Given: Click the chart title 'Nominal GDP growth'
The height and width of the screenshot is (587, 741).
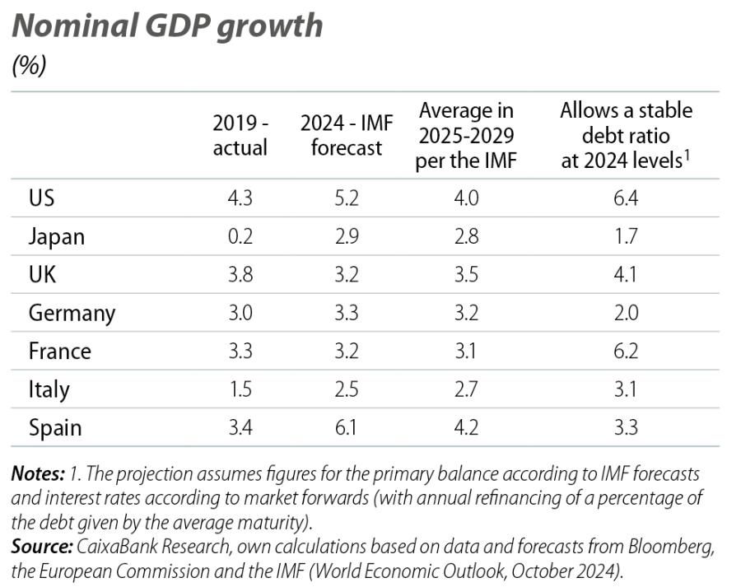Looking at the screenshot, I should [x=167, y=26].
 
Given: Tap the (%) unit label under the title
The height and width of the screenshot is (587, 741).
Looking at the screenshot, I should [x=29, y=66].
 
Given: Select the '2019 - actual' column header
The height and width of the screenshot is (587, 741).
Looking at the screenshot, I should [x=240, y=135].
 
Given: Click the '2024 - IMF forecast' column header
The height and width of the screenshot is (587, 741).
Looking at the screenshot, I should [x=346, y=135].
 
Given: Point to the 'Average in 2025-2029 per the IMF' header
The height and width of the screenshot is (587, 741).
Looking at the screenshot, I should [x=466, y=135].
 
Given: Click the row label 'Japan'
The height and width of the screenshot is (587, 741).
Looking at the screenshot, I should [x=56, y=237].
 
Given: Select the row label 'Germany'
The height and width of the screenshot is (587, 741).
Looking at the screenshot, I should [x=72, y=314].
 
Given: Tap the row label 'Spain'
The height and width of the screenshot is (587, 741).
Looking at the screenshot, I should [x=55, y=428].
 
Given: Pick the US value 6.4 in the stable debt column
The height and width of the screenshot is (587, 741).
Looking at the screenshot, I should [x=626, y=199].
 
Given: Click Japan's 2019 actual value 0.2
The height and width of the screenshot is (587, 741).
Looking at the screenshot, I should [x=240, y=237].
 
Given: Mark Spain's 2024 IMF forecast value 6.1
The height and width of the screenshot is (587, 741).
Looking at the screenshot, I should [x=346, y=428].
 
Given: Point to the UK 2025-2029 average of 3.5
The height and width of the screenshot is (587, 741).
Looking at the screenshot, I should [x=466, y=275].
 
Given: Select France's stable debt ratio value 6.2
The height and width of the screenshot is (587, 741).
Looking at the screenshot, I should [x=626, y=352].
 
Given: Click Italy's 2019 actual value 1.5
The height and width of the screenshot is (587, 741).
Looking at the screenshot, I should [x=240, y=389].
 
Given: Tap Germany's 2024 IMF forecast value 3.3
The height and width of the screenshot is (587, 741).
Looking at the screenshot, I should [x=346, y=314].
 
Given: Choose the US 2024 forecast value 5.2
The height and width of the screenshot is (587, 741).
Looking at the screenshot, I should [x=346, y=199].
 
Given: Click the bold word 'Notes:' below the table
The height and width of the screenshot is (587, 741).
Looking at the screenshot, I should [x=38, y=475].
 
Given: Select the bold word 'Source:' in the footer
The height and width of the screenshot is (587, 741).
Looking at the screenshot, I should [x=41, y=547].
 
